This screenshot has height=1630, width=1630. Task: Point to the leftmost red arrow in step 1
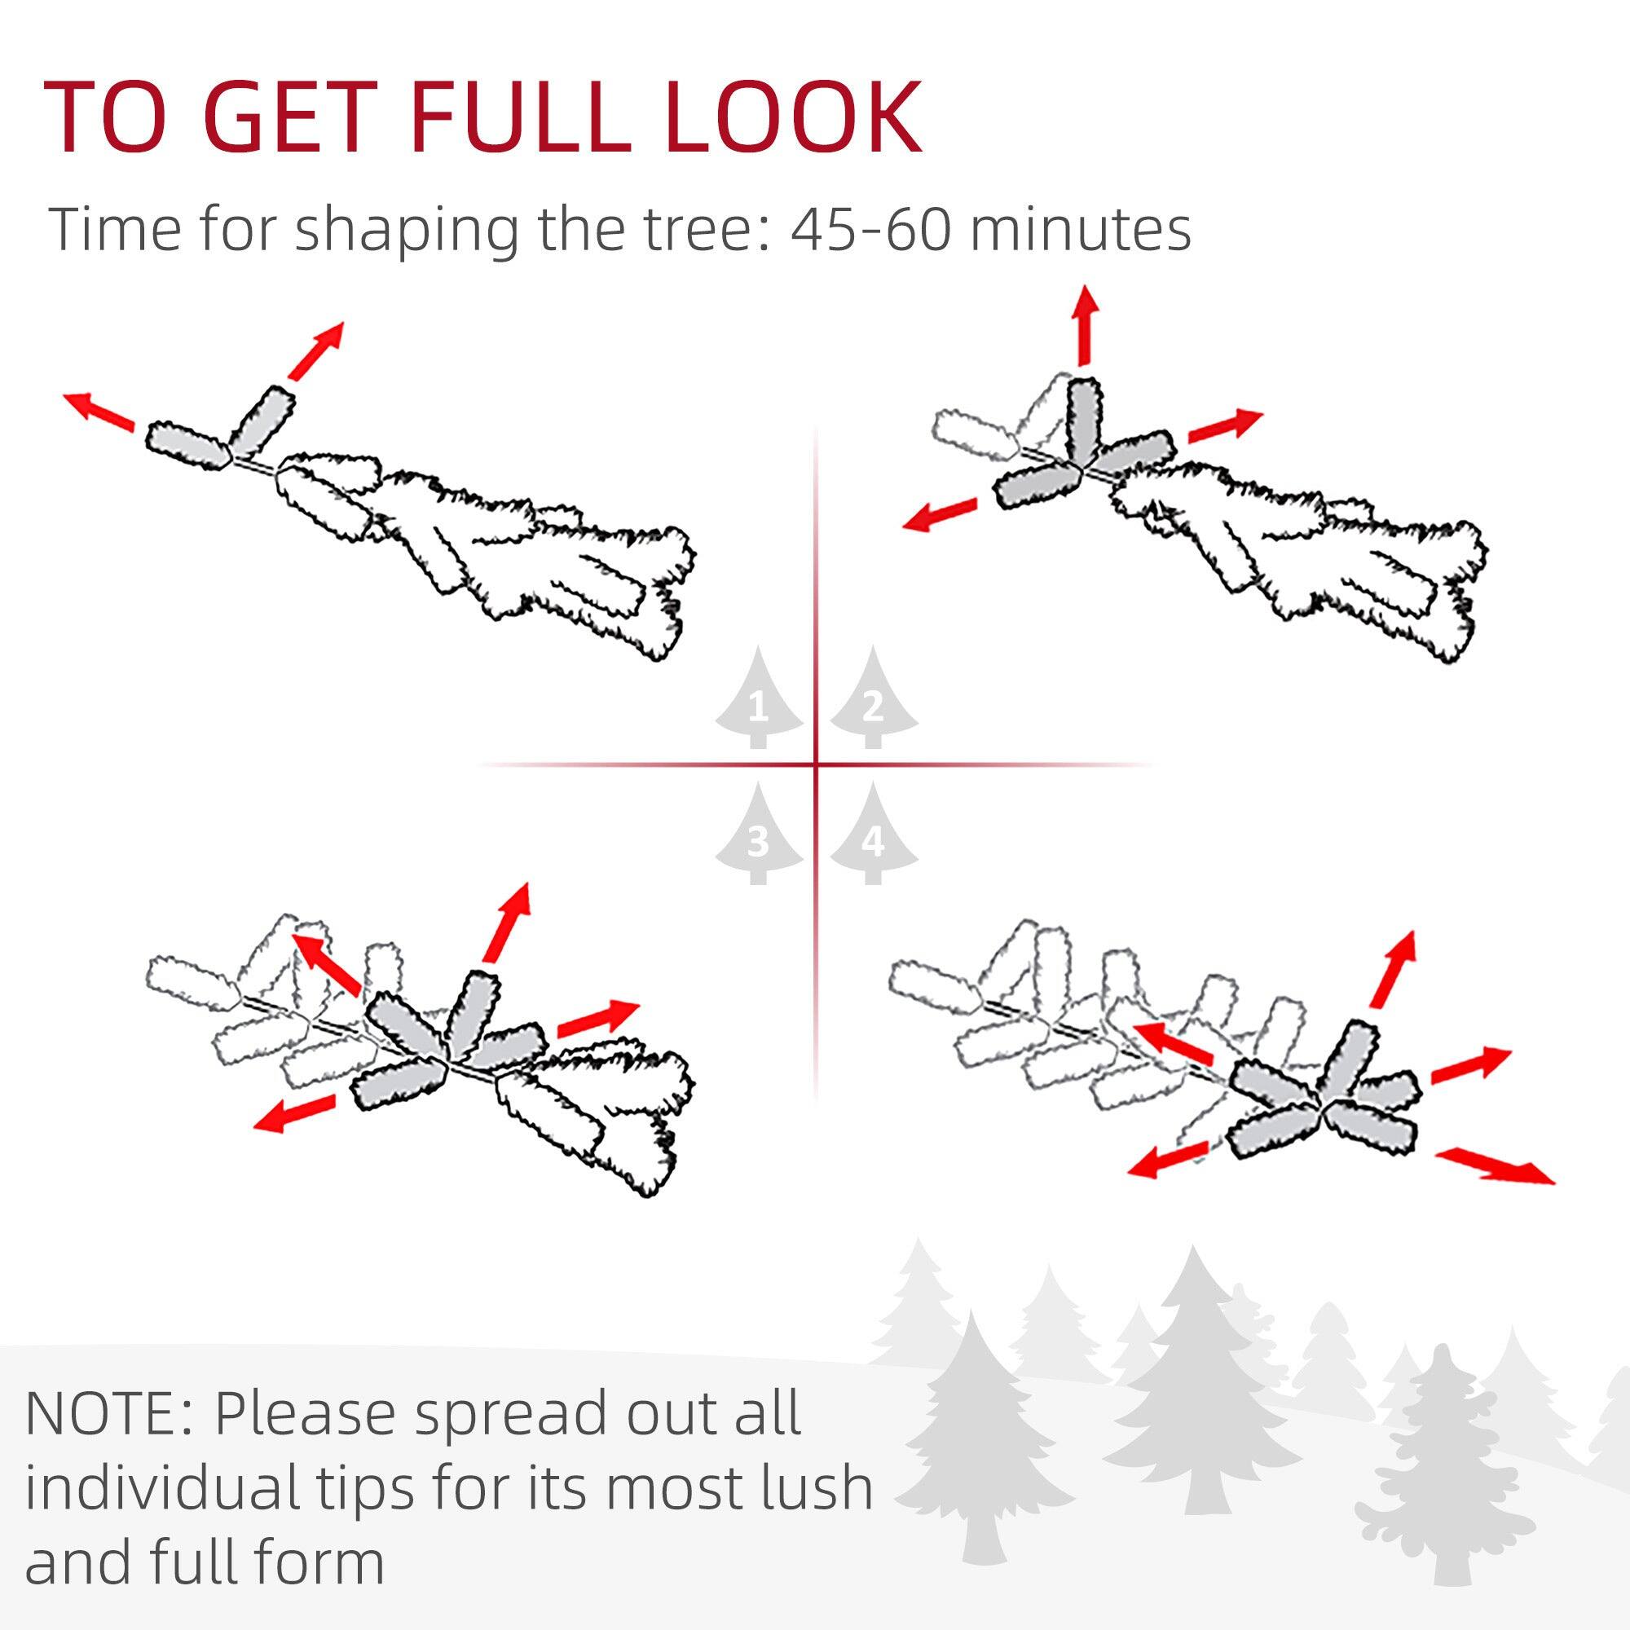click(x=99, y=411)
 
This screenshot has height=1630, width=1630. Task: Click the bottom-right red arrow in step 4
click(x=1495, y=1166)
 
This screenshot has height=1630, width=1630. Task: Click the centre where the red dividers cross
click(x=816, y=765)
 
